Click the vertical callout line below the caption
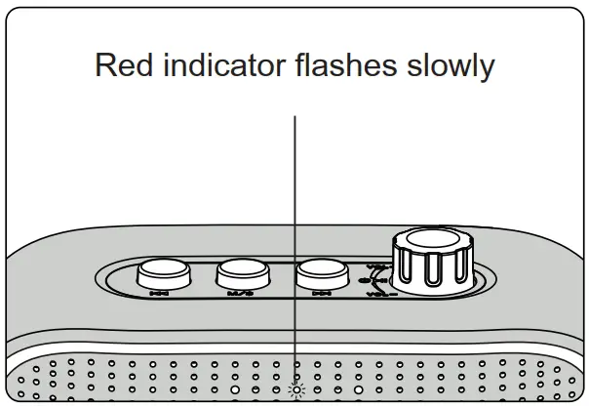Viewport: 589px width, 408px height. click(x=294, y=195)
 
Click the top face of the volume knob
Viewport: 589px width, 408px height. click(x=433, y=242)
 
